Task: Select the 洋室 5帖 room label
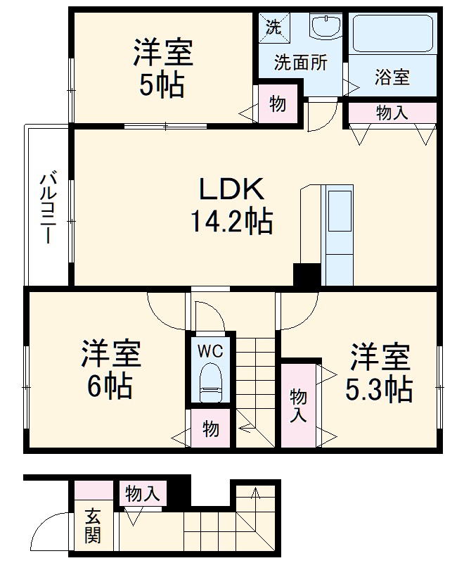point(162,69)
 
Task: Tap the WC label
point(209,349)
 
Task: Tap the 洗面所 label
point(300,63)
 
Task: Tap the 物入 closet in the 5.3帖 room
point(298,405)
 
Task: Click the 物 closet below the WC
point(210,429)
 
